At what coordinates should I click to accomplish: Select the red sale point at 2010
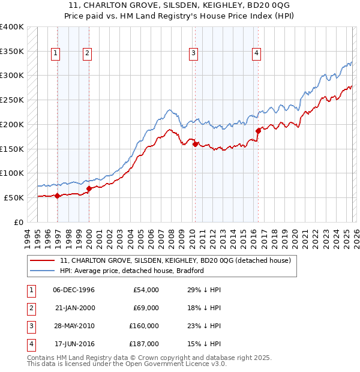tap(195, 143)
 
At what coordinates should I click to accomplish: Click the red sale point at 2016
tap(258, 130)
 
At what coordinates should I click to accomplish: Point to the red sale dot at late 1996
tap(57, 196)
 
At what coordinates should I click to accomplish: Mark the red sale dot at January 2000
tap(89, 188)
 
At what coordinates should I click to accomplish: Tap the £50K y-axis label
tap(14, 197)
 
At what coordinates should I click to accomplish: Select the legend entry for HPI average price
tap(132, 271)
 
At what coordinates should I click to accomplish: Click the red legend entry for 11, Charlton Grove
tap(175, 260)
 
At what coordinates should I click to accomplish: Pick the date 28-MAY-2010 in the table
tap(74, 326)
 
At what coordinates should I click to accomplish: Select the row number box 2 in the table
tap(30, 308)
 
